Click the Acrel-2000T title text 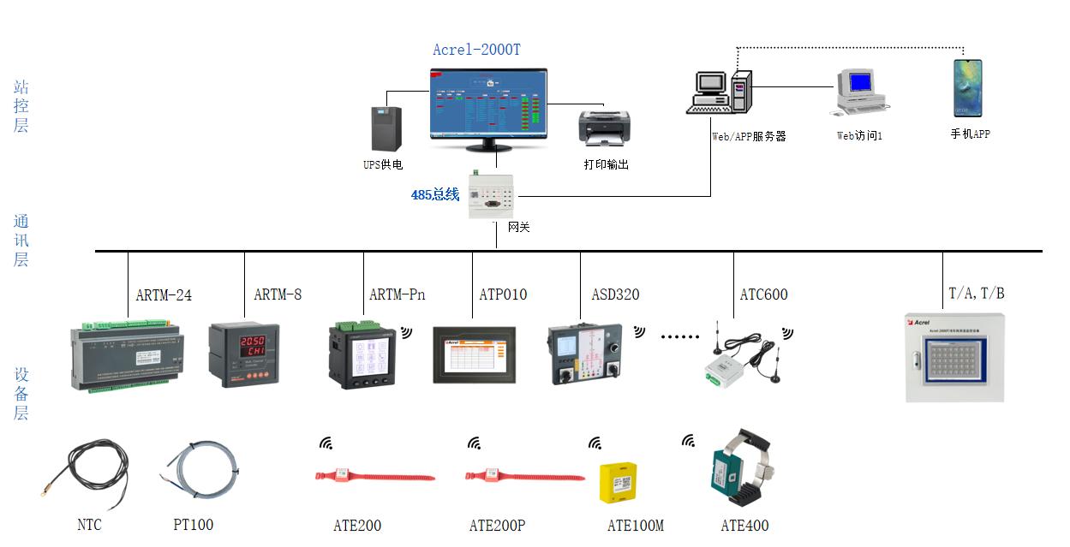(476, 50)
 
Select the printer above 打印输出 (604, 128)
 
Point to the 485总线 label (435, 194)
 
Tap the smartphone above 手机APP (968, 88)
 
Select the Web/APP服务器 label (749, 136)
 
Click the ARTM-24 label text (164, 295)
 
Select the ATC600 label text (763, 295)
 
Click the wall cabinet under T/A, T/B (956, 357)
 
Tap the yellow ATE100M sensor (618, 483)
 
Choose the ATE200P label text (497, 526)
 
